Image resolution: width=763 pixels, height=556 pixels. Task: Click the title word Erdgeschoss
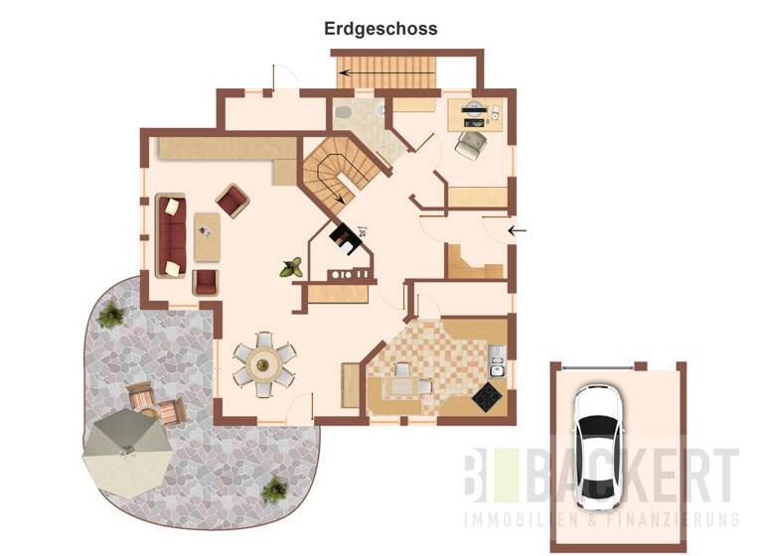(381, 29)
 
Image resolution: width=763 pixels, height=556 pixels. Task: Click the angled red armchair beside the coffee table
(233, 202)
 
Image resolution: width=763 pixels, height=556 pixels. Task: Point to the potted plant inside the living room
(292, 267)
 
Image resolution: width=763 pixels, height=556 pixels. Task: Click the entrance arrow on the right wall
(517, 230)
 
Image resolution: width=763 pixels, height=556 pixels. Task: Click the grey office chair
(468, 145)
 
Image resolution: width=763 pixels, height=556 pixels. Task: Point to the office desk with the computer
(478, 114)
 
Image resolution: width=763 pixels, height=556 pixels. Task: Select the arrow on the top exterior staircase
(347, 72)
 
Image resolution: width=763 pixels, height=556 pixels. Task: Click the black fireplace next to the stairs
(345, 238)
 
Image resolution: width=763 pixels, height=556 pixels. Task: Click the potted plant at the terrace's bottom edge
(273, 489)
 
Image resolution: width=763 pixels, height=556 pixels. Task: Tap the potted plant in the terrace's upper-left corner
(111, 315)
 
